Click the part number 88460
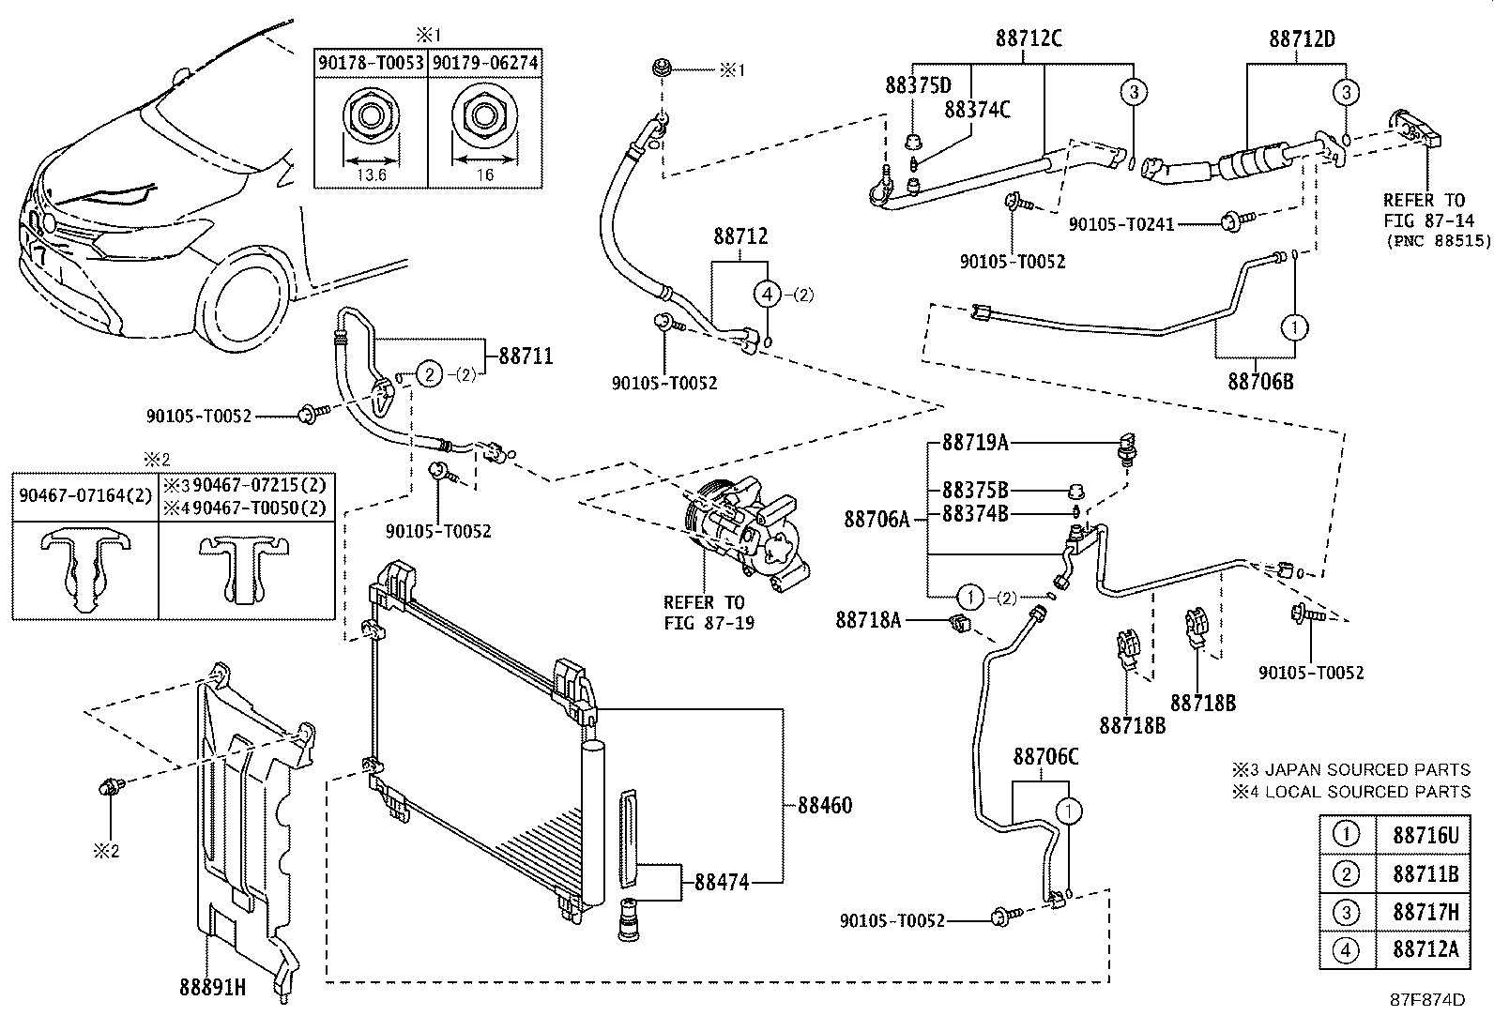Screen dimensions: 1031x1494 click(825, 805)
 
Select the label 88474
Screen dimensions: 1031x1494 click(722, 882)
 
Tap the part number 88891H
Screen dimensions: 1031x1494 click(212, 987)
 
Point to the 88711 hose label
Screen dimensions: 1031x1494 click(526, 356)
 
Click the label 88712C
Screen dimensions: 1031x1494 click(1029, 38)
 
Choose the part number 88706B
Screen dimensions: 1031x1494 click(1260, 381)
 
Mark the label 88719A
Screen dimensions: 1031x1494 click(975, 442)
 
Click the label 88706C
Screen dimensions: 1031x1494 click(1045, 756)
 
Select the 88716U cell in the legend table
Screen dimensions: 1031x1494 click(1425, 835)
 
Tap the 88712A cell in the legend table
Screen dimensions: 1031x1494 click(1425, 949)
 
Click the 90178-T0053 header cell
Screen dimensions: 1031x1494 click(371, 63)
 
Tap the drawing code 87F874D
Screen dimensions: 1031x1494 click(1427, 1000)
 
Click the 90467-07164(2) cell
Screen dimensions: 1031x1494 click(85, 493)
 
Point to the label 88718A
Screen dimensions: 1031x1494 click(868, 619)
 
